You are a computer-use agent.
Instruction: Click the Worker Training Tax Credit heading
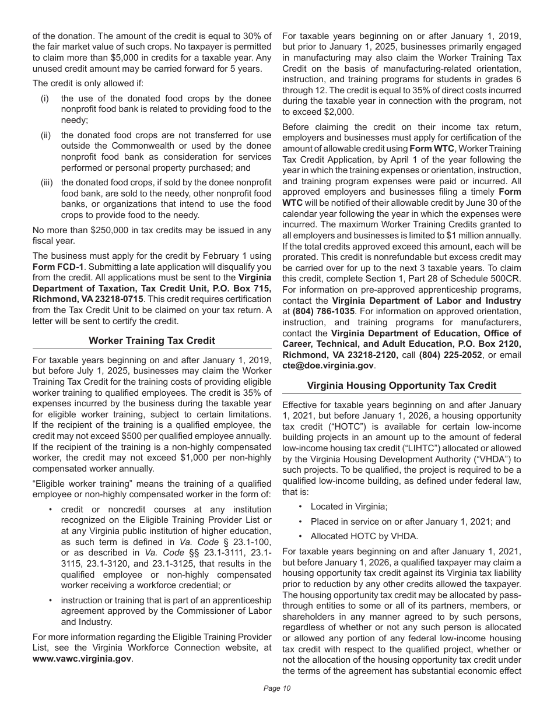click(x=152, y=340)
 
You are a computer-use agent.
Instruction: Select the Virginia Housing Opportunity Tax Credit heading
click(x=402, y=385)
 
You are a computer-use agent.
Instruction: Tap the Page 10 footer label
click(x=277, y=688)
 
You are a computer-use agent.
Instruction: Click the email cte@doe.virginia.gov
click(x=328, y=365)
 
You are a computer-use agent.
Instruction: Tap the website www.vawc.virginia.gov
click(x=82, y=659)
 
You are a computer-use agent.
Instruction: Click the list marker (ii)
click(x=45, y=136)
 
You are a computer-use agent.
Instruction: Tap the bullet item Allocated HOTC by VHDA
click(x=364, y=536)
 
